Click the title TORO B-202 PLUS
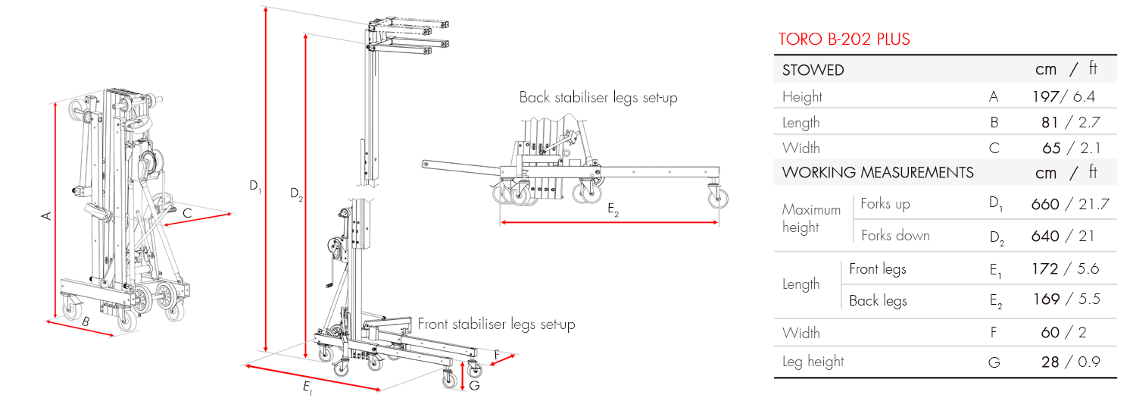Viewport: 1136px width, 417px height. [844, 39]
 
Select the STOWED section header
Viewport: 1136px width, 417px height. [813, 71]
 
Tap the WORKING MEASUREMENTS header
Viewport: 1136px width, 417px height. [878, 172]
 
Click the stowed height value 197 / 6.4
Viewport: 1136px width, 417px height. [1063, 96]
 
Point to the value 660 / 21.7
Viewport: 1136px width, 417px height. [1069, 204]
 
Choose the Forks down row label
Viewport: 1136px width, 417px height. [895, 236]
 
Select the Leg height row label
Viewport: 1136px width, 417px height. [813, 362]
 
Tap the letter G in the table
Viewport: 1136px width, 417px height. [994, 362]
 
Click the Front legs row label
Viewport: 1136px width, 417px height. [877, 269]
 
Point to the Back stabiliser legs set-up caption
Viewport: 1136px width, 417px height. [598, 98]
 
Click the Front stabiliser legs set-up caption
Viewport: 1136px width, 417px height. [496, 325]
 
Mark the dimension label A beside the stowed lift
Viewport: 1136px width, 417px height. [46, 216]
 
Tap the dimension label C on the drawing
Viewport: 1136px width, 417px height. [186, 214]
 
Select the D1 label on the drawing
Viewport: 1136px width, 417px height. [255, 184]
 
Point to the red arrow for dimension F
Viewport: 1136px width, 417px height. [504, 359]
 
